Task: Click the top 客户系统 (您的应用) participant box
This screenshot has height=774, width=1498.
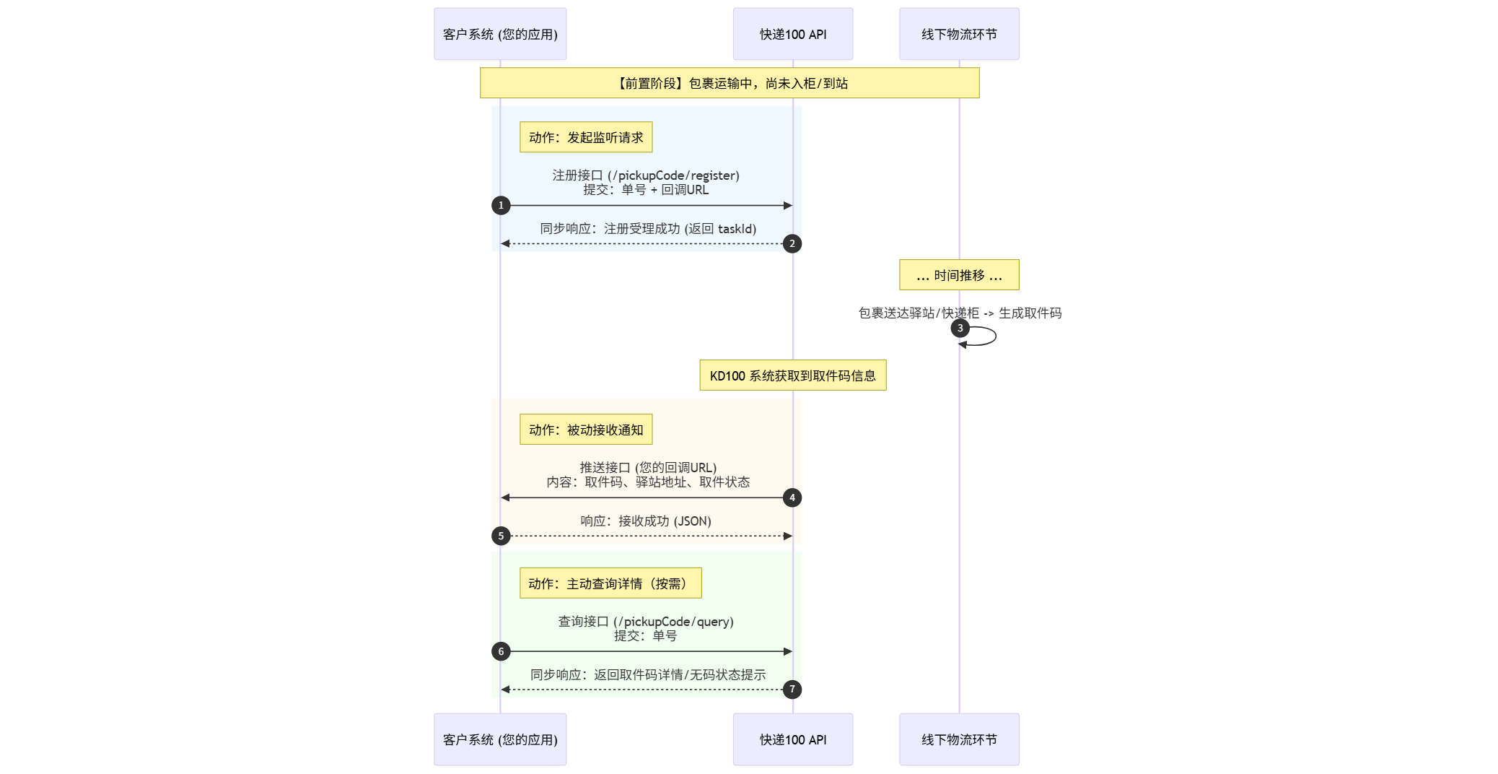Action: [x=500, y=34]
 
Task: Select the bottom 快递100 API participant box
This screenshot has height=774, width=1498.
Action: [x=792, y=739]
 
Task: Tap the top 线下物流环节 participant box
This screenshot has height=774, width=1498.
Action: [x=959, y=34]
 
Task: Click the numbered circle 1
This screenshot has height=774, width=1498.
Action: [x=501, y=206]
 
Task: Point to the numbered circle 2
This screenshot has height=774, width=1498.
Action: [x=792, y=244]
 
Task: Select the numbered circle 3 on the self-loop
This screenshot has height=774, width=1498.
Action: [x=960, y=329]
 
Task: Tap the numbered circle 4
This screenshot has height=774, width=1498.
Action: [x=792, y=498]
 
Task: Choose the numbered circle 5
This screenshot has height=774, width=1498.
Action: [x=501, y=536]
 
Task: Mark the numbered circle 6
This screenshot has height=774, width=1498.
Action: [x=501, y=652]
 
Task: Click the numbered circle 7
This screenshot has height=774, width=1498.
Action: [x=792, y=690]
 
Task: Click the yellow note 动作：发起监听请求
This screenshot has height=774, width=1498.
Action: [x=586, y=137]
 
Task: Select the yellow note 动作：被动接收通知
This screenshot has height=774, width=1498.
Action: [x=586, y=430]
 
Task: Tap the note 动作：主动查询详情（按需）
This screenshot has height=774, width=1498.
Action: [x=610, y=583]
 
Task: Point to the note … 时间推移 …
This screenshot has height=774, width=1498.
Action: [x=959, y=275]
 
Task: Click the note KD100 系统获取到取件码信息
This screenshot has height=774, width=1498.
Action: [x=792, y=375]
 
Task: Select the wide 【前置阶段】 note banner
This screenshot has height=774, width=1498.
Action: [x=730, y=83]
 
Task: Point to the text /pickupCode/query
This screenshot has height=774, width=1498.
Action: [x=674, y=622]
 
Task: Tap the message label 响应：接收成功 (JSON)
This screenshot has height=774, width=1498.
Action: [x=646, y=521]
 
